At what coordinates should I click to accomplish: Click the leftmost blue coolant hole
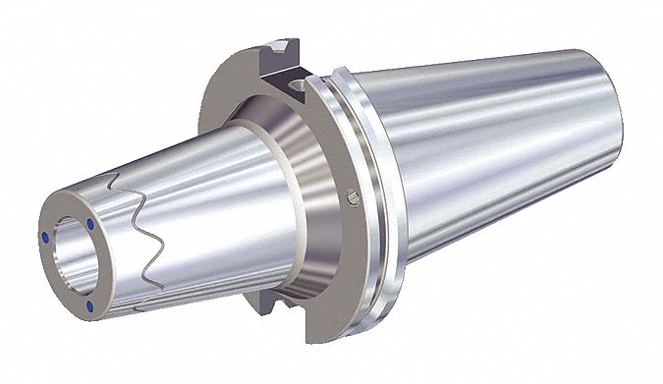click(47, 237)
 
